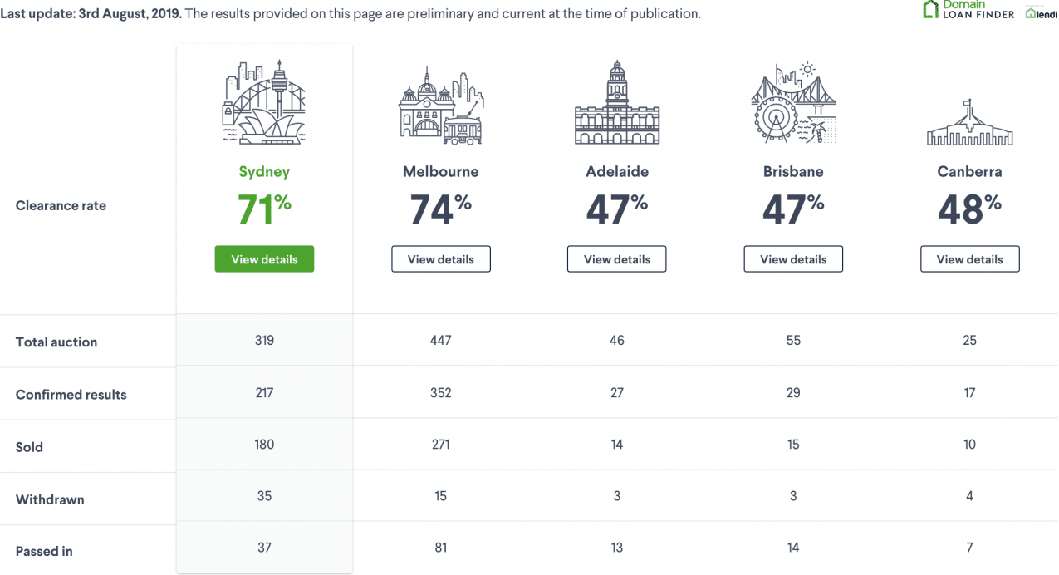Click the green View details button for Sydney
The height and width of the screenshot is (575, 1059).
click(264, 258)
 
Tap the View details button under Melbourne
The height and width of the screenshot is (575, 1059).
click(440, 258)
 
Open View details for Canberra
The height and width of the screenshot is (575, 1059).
click(969, 258)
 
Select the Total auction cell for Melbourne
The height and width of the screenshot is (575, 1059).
click(440, 341)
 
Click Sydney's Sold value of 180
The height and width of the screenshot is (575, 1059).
click(264, 445)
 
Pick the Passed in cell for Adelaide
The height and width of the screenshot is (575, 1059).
click(617, 548)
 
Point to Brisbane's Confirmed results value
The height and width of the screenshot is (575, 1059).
click(793, 393)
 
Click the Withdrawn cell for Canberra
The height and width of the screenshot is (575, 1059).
click(969, 496)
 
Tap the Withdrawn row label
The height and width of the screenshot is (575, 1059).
click(50, 499)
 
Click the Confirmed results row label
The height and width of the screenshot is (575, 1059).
click(71, 395)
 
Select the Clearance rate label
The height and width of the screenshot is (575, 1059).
click(61, 205)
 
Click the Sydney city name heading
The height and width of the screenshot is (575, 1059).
click(264, 172)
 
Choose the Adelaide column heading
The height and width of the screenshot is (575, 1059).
click(617, 171)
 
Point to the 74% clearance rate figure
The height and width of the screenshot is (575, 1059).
click(440, 209)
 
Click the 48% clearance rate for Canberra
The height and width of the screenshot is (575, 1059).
click(969, 209)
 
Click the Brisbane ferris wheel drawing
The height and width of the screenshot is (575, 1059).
click(776, 119)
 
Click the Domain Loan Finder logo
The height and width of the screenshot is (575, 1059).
click(968, 9)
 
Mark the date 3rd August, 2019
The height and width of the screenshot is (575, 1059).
click(130, 13)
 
